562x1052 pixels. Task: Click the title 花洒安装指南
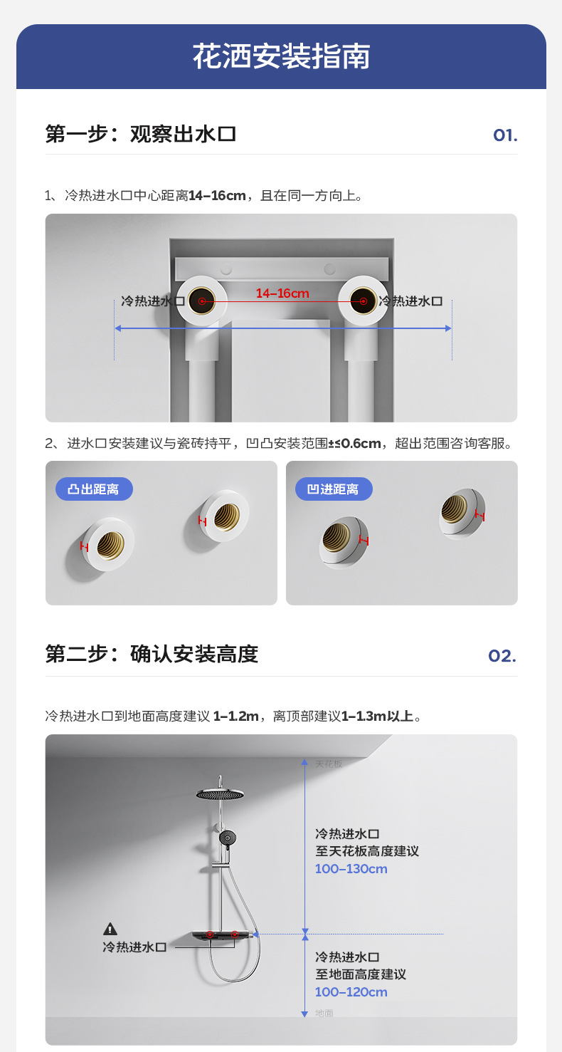click(281, 57)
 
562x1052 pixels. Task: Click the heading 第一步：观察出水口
click(140, 134)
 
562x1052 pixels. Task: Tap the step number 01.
click(504, 135)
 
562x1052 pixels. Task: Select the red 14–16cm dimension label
click(282, 293)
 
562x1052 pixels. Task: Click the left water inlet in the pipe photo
click(202, 302)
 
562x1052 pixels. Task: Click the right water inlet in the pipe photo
click(363, 302)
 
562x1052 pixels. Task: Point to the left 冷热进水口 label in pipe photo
click(152, 301)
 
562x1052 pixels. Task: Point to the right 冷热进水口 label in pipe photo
click(410, 301)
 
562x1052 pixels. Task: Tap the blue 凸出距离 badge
click(93, 489)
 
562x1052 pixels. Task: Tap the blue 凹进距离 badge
click(333, 489)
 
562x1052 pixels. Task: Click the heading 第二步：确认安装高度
click(151, 654)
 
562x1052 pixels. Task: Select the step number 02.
click(502, 656)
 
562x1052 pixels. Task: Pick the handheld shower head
click(227, 838)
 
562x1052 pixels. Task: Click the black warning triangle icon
click(110, 929)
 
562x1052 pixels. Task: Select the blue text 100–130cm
click(351, 869)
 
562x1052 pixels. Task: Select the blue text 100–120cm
click(351, 992)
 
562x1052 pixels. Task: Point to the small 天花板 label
click(329, 764)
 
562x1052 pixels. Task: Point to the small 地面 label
click(324, 1013)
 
